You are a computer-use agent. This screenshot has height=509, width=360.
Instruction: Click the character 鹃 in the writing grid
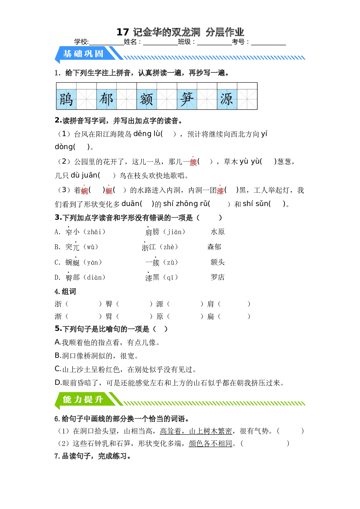pos(66,99)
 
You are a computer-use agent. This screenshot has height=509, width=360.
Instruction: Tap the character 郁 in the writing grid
pos(106,99)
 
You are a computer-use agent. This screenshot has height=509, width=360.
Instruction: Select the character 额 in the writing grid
pos(146,99)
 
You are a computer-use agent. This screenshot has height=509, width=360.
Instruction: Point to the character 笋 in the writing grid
pos(187,99)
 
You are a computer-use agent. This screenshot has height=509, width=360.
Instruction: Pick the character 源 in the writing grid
pos(227,99)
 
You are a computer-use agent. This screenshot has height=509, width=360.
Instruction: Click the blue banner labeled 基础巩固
pos(83,54)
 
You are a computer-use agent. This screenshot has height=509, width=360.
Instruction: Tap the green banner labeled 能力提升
pos(83,399)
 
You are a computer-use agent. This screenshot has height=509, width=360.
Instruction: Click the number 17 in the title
pos(123,32)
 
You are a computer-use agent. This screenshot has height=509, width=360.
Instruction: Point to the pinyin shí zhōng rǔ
pos(186,204)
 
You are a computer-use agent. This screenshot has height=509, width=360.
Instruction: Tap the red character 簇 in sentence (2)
pos(193,162)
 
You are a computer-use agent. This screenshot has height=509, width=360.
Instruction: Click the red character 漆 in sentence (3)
pos(221,191)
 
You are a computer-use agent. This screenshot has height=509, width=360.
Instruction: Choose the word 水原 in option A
pos(218,232)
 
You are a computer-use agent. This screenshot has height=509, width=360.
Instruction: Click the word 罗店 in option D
pos(218,277)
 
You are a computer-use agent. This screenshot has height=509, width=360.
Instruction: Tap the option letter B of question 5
pos(57,355)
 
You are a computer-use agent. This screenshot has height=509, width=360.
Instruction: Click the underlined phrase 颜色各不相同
pos(210,443)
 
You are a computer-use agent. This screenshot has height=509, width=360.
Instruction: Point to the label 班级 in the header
pos(184,42)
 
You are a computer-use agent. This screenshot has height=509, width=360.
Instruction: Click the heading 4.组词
pos(65,291)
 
